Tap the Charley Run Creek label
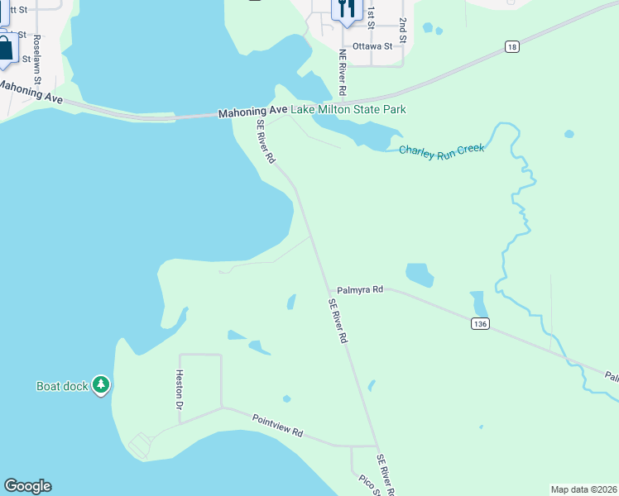(x=441, y=150)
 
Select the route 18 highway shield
(x=512, y=48)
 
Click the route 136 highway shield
(x=480, y=324)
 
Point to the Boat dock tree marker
(x=101, y=384)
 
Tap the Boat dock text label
(x=62, y=386)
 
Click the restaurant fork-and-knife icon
(x=346, y=9)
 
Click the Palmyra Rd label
(x=360, y=290)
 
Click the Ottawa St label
(x=372, y=46)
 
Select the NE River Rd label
(x=342, y=70)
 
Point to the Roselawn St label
(x=37, y=59)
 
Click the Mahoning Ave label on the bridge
(x=252, y=111)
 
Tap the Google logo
(x=27, y=486)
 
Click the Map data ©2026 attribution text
(x=583, y=489)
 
